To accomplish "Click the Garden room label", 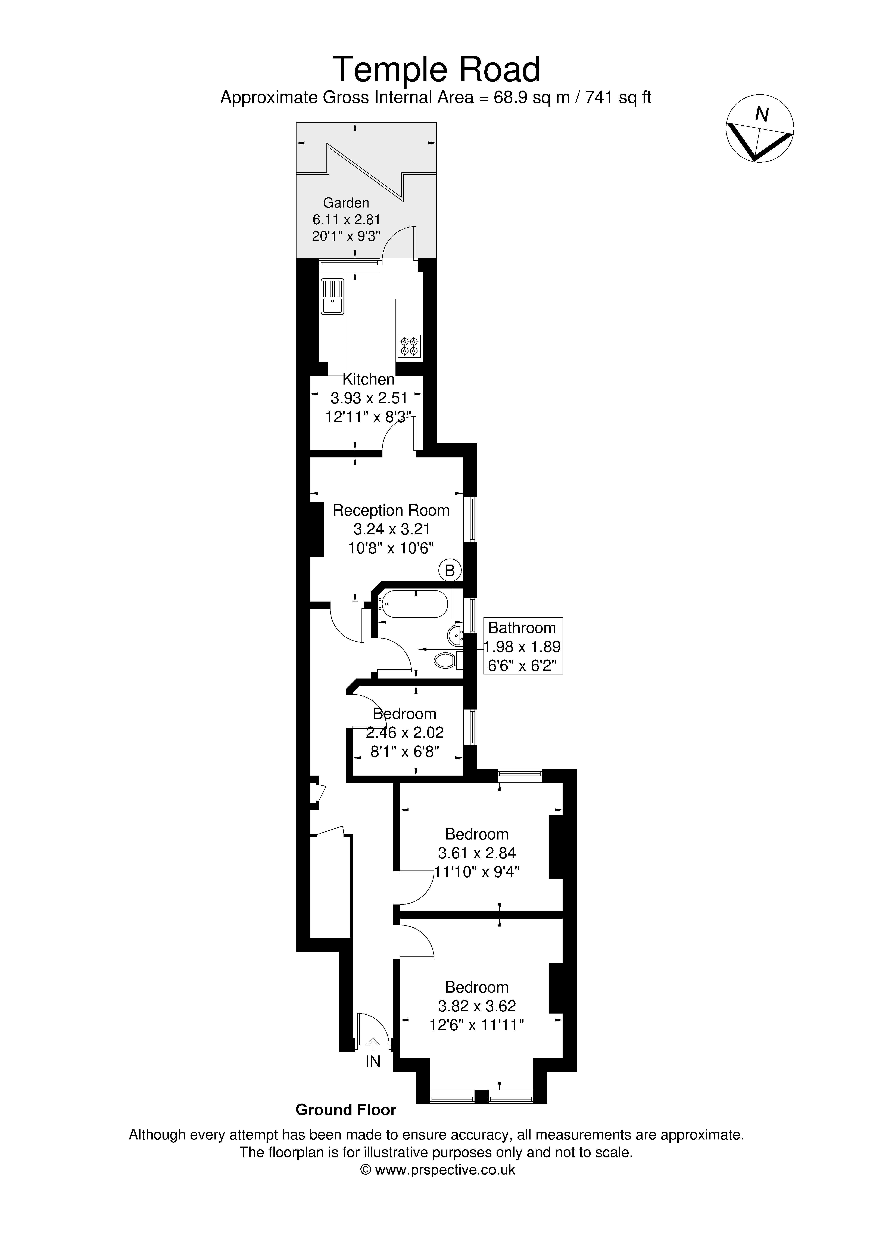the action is coord(346,203).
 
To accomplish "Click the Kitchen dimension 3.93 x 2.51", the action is coord(369,398).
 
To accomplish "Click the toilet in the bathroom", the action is coord(447,659).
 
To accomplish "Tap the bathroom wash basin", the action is coord(455,635).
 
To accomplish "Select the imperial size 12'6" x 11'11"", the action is coord(477,1024).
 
